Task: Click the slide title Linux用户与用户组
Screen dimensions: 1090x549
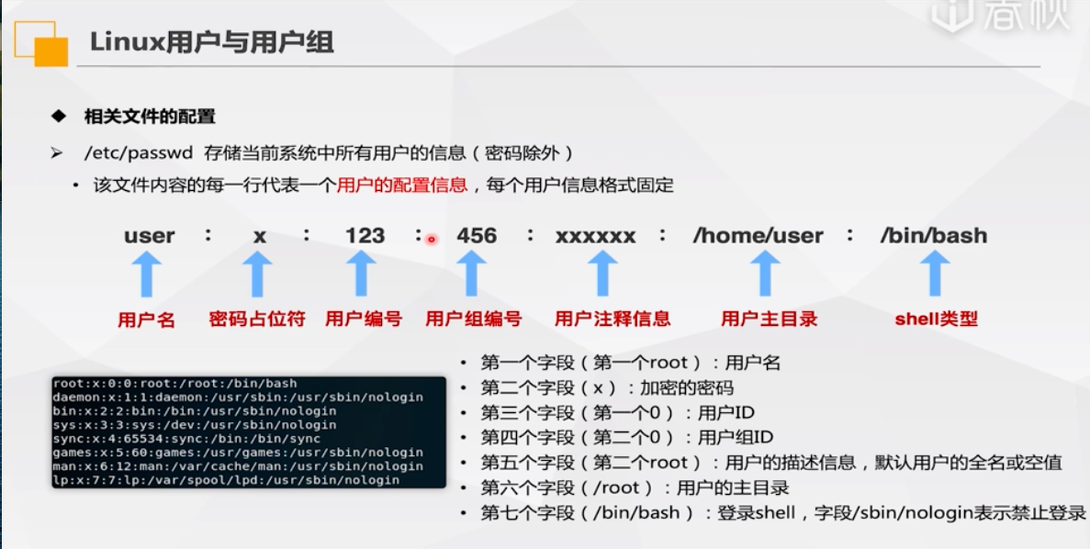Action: point(212,42)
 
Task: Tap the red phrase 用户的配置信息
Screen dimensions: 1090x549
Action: point(402,185)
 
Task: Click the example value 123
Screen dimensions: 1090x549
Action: point(365,236)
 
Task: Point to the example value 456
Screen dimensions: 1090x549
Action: point(477,236)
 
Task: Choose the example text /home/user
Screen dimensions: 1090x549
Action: point(758,236)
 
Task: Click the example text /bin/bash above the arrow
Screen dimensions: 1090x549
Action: point(934,236)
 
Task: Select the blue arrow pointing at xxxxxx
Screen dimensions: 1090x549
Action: point(601,273)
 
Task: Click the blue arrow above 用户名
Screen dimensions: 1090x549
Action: point(147,273)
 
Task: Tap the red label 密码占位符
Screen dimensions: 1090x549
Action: point(257,319)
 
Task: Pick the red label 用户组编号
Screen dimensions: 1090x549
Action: point(474,319)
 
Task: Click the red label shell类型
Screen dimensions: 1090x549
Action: point(937,319)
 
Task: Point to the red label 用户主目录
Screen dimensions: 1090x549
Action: point(769,319)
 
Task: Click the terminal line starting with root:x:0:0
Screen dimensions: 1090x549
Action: point(174,383)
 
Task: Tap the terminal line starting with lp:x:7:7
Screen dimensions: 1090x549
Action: point(226,480)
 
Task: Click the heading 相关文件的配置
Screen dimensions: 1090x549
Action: point(150,116)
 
